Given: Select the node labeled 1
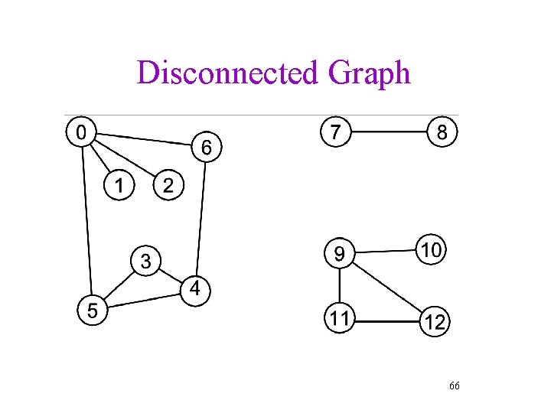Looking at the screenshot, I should pos(119,184).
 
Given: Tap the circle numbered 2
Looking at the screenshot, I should pos(169,184).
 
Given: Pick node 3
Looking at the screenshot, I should pos(145,261).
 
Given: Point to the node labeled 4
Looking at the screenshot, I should pos(196,288).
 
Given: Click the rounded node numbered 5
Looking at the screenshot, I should pos(92,311).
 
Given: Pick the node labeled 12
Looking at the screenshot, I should pos(434,322).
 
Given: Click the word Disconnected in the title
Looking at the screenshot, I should pos(227,73).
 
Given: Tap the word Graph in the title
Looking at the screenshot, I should pos(369,73).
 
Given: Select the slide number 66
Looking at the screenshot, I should pos(454,386).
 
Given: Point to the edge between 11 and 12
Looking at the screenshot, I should pos(386,320).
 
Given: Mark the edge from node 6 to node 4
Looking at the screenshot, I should pos(201,222).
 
